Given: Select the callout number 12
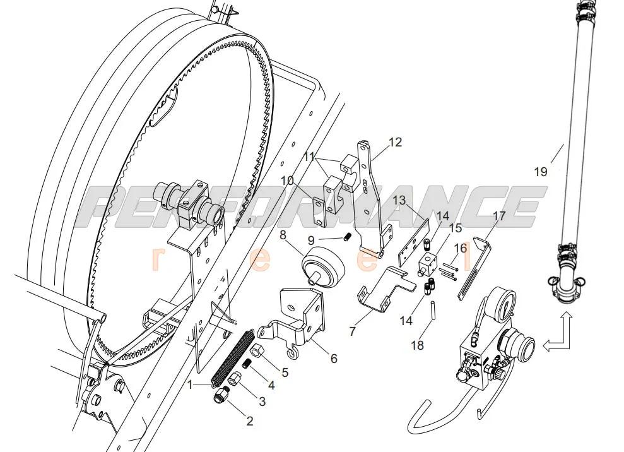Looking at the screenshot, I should (x=395, y=142).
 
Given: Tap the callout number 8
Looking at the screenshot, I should (x=283, y=235).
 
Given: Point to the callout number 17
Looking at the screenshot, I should (x=499, y=216).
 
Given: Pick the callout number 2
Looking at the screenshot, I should (x=249, y=421).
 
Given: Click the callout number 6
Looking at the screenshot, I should (x=333, y=358).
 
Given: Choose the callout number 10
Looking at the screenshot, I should (x=287, y=181).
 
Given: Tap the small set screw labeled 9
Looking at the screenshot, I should (x=346, y=237).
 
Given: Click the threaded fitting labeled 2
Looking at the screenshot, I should (x=221, y=396).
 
